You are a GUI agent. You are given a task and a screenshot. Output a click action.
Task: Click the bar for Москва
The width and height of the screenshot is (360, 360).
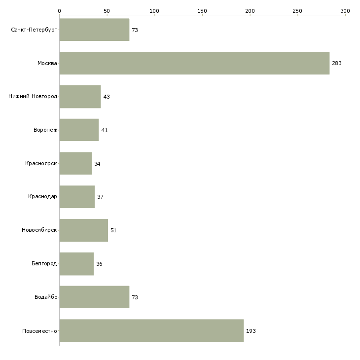[194, 63]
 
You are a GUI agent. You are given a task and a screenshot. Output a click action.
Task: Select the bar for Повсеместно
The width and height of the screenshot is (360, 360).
[151, 330]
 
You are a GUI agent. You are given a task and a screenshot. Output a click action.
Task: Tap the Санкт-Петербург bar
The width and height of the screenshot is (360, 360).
[94, 30]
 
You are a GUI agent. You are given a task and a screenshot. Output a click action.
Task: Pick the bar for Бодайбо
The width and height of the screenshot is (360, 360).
[94, 297]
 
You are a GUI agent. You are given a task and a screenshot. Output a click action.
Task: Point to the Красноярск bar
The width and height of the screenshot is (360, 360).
[75, 163]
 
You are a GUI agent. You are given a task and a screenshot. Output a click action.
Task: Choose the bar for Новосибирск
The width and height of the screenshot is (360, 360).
[83, 230]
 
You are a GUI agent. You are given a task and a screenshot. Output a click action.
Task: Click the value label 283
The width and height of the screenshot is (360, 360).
[337, 63]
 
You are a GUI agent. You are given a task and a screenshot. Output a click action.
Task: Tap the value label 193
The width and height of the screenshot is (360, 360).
[251, 331]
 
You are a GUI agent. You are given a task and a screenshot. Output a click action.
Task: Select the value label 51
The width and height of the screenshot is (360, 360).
[113, 230]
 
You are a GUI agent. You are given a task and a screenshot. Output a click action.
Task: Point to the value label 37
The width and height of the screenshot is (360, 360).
[100, 197]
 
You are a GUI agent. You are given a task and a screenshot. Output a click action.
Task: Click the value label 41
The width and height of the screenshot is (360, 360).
[105, 130]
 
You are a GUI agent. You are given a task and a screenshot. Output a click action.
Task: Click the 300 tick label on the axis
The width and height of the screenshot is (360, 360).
[345, 11]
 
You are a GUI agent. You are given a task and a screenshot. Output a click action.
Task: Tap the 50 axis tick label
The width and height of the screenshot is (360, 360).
[107, 11]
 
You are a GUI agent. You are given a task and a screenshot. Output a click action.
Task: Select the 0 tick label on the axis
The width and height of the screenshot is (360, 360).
[60, 11]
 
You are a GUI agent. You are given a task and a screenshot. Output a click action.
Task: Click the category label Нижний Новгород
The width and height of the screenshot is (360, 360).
[33, 96]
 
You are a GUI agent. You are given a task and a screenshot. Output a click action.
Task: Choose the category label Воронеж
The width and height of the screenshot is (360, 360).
[45, 130]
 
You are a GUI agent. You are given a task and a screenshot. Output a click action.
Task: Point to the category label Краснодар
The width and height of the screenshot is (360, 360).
[42, 197]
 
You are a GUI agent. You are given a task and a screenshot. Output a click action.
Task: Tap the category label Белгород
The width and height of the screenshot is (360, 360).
[44, 263]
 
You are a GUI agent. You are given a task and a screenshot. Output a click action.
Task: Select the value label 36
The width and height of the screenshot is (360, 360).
[99, 264]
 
